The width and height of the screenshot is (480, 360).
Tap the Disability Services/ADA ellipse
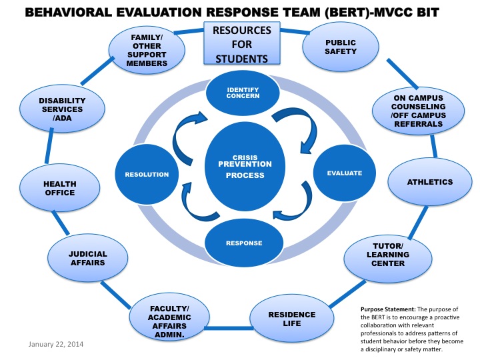point(61,109)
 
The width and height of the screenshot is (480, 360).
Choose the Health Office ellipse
point(60,189)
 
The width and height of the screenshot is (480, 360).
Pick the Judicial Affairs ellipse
point(87,258)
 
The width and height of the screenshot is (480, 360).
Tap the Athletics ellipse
point(430,182)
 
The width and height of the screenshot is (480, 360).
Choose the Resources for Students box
point(241,44)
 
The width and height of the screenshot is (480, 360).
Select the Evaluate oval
point(344,173)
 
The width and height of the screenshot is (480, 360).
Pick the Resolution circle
point(147,175)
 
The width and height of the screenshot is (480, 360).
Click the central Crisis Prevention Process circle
point(247,166)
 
